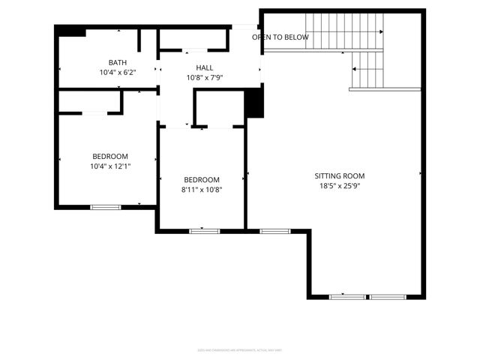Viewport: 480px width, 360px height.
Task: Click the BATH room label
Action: coord(118,62)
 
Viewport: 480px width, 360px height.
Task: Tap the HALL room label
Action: coord(205,67)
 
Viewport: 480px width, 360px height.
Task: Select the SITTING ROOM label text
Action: coord(340,175)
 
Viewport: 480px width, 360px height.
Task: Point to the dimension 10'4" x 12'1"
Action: coord(110,166)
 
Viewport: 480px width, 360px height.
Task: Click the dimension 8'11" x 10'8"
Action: coord(202,189)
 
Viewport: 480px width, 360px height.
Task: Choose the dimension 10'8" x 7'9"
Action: coord(205,77)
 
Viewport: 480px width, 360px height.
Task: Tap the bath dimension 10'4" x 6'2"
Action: coord(118,72)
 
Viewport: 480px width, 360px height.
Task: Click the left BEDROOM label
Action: coord(109,156)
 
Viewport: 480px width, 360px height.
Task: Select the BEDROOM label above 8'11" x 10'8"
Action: coord(202,179)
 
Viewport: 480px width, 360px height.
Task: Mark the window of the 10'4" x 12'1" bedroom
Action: coord(105,207)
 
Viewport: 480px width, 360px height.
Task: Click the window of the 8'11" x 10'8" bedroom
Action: coord(204,231)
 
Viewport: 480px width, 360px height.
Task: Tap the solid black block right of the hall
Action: coord(255,102)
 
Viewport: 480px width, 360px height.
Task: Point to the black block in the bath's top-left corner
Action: coord(72,31)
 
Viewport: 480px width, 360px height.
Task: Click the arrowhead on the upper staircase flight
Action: coord(380,32)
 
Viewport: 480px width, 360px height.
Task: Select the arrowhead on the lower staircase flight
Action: coord(355,68)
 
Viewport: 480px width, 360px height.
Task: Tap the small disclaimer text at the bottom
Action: coord(240,349)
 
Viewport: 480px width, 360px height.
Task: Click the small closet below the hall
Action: coord(219,107)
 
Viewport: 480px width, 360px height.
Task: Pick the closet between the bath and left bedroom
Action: coord(90,101)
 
